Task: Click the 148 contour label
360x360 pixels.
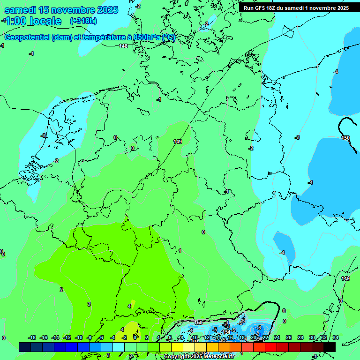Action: [123, 46]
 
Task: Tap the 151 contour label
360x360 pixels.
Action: [226, 332]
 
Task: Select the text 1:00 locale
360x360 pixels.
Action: [33, 21]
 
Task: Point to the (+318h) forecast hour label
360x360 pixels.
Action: [83, 21]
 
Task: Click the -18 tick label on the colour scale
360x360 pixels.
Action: [32, 337]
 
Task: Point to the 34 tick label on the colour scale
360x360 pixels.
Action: [335, 337]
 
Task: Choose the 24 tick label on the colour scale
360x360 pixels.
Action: [277, 337]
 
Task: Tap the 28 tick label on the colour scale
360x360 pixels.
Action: [300, 337]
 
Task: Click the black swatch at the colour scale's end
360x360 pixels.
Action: [330, 347]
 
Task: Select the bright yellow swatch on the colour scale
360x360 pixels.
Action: [177, 347]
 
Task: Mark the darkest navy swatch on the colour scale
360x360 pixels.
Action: [25, 347]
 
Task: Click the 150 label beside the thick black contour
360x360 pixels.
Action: [345, 138]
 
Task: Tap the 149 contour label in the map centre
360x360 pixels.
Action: [177, 142]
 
